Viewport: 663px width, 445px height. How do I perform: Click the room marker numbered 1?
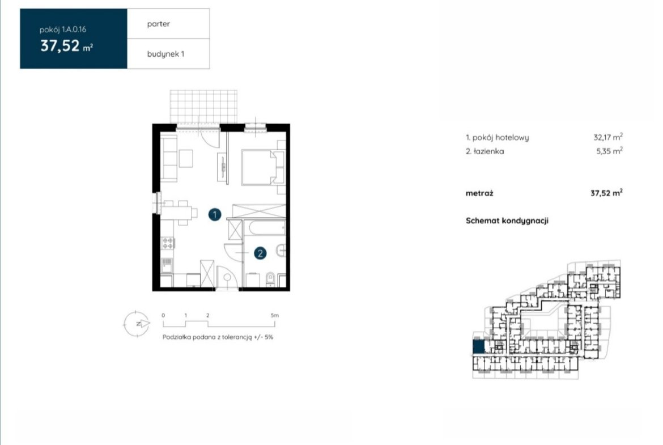point(215,214)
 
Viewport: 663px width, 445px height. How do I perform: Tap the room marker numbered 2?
point(260,253)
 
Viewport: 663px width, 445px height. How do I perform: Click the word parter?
point(159,24)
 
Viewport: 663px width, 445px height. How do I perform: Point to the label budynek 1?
point(165,54)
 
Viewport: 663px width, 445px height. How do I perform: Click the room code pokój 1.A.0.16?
point(63,29)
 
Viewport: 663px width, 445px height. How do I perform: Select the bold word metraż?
point(479,193)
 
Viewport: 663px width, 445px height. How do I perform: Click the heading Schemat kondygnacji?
point(507,221)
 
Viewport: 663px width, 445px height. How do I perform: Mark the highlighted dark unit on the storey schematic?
point(478,346)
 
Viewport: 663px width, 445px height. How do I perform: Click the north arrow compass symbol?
point(137,324)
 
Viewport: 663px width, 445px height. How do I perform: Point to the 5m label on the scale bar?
point(275,315)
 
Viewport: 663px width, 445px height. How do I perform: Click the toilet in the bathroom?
point(270,278)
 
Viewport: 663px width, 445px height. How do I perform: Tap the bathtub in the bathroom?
point(266,228)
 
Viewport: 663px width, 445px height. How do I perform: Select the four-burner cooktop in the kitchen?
point(168,243)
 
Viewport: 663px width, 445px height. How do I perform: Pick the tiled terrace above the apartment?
point(204,107)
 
